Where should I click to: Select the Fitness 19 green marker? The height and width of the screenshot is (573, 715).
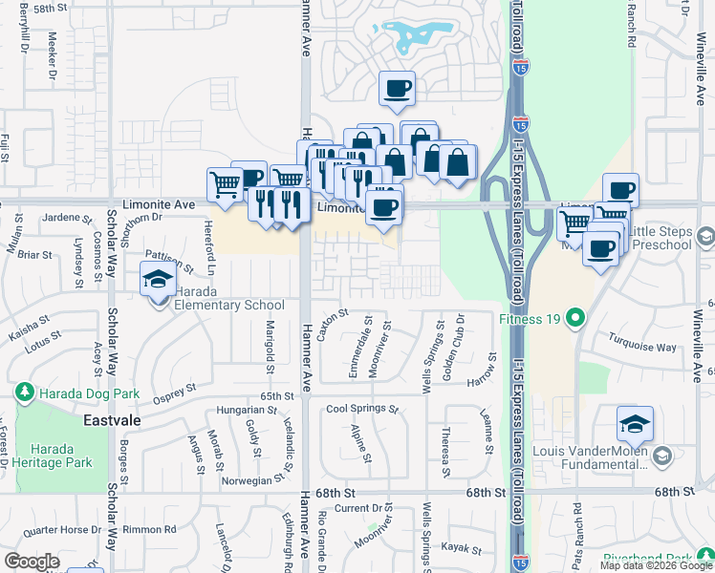point(575,317)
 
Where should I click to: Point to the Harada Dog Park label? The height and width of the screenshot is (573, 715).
point(89,393)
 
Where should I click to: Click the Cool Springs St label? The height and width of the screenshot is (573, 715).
point(362,410)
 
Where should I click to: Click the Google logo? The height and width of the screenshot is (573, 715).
point(32,562)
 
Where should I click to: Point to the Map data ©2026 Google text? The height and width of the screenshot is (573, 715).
point(656,565)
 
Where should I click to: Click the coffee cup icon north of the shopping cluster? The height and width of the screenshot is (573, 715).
point(397,89)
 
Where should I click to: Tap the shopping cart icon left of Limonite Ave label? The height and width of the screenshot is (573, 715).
point(225,182)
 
